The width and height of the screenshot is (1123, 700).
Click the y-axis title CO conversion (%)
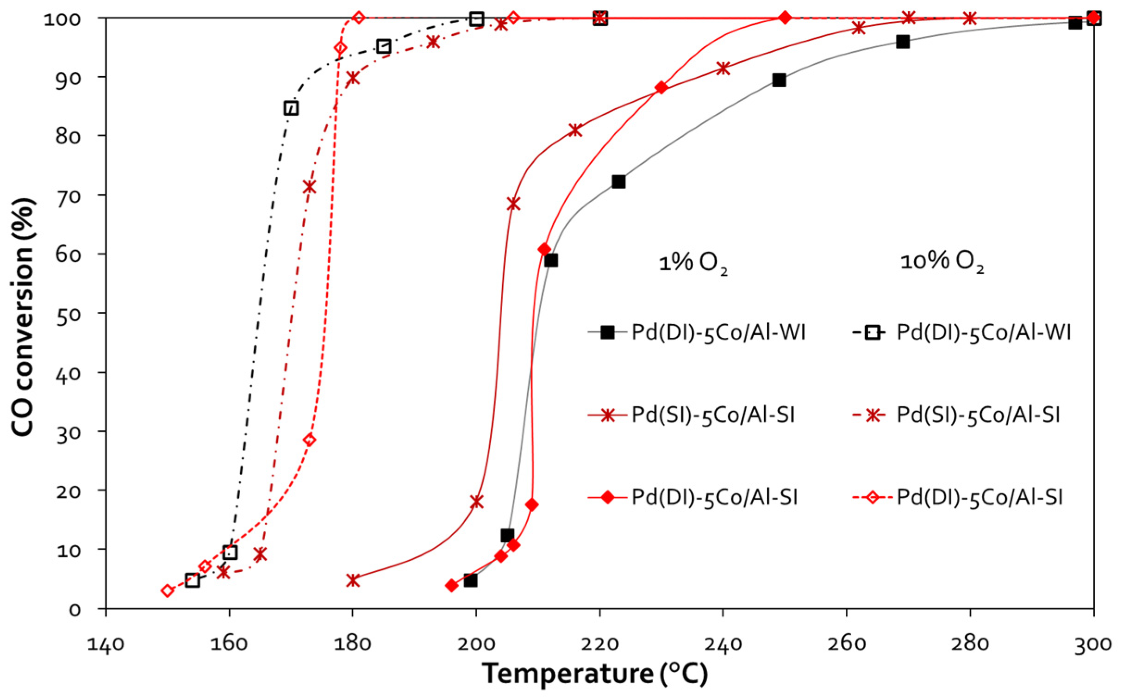click(x=23, y=317)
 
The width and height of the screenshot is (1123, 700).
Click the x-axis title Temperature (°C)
click(x=595, y=674)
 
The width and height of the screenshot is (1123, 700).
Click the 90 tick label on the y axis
click(x=68, y=77)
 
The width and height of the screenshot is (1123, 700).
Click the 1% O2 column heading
click(x=693, y=263)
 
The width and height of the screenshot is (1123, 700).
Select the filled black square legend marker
click(x=607, y=332)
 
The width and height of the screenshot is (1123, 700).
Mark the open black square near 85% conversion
click(x=291, y=108)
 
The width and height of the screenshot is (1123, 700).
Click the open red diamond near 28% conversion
click(x=310, y=440)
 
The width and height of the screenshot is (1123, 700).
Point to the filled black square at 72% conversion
click(x=618, y=181)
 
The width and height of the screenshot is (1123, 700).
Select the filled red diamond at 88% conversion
click(x=661, y=87)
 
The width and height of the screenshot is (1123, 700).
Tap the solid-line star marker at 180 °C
click(x=353, y=580)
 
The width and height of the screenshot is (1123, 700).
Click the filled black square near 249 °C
click(x=779, y=80)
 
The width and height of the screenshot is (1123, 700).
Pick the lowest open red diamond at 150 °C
click(x=168, y=590)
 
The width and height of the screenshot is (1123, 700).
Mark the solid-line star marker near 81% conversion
click(x=575, y=130)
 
